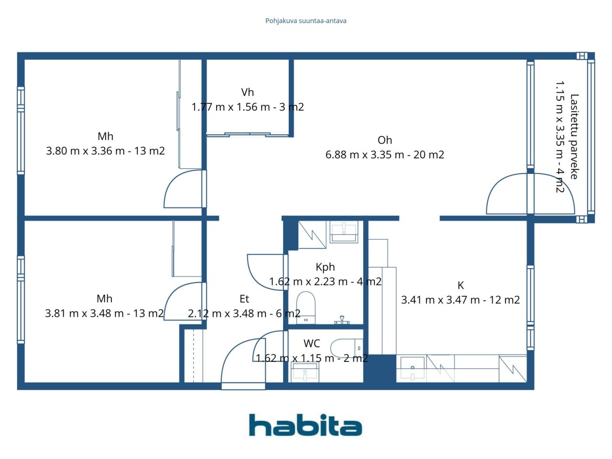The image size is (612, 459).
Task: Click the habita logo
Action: click(x=306, y=425)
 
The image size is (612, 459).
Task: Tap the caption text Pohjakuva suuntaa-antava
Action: click(x=306, y=21)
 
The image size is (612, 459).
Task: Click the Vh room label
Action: click(x=247, y=92)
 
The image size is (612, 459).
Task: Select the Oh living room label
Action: click(x=385, y=140)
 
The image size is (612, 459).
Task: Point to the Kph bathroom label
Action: click(x=325, y=267)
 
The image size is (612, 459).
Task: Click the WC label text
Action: click(x=312, y=343)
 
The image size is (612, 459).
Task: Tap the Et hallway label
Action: click(x=244, y=299)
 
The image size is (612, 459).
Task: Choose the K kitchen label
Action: click(x=460, y=285)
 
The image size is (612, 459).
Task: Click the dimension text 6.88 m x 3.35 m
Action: click(x=365, y=154)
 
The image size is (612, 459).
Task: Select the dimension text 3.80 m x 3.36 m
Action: click(x=85, y=151)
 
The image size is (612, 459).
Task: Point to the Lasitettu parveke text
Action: click(x=574, y=137)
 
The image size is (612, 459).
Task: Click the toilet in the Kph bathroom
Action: click(x=306, y=307)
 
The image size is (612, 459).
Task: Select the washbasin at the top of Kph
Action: click(x=344, y=231)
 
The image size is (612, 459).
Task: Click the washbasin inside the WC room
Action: click(x=305, y=372)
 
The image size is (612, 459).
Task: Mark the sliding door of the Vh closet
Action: click(x=247, y=135)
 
